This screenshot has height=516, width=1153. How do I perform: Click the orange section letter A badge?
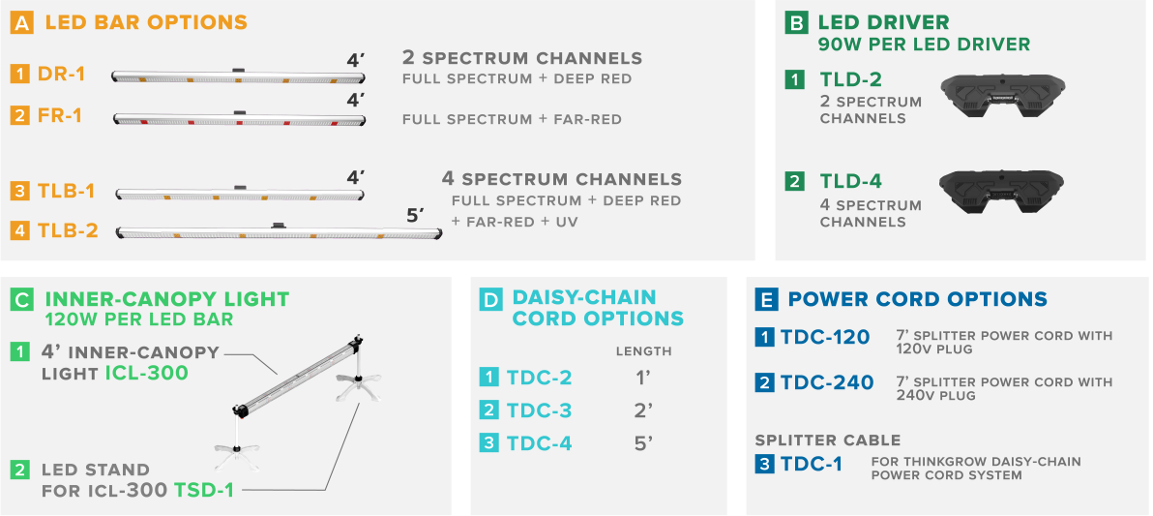point(22,22)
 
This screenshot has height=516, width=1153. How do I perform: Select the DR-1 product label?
point(61,75)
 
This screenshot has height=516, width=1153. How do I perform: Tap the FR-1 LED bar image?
point(239,119)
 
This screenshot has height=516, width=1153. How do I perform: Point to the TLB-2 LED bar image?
point(280,232)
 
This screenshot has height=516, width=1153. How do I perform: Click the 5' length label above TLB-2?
point(416,216)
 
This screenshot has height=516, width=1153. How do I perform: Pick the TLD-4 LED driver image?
point(1002,192)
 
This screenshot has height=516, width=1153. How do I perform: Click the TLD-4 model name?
point(851,181)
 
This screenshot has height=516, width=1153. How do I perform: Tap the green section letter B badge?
point(796,23)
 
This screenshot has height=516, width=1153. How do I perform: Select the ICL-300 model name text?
point(146,373)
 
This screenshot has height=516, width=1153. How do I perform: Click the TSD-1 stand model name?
point(204,490)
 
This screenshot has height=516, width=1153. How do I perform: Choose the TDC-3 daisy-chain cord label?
point(539,410)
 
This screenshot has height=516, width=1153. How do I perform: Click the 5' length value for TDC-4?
point(643,443)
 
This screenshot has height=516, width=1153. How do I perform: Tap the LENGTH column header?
point(643,351)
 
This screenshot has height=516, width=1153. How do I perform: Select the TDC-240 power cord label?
point(827,382)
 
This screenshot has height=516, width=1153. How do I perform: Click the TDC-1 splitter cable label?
point(812,465)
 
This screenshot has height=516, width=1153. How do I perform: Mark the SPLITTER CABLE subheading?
point(828,440)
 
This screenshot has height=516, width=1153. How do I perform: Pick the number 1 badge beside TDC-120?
point(765,337)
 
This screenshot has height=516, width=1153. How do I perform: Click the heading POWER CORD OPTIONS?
point(918,299)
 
